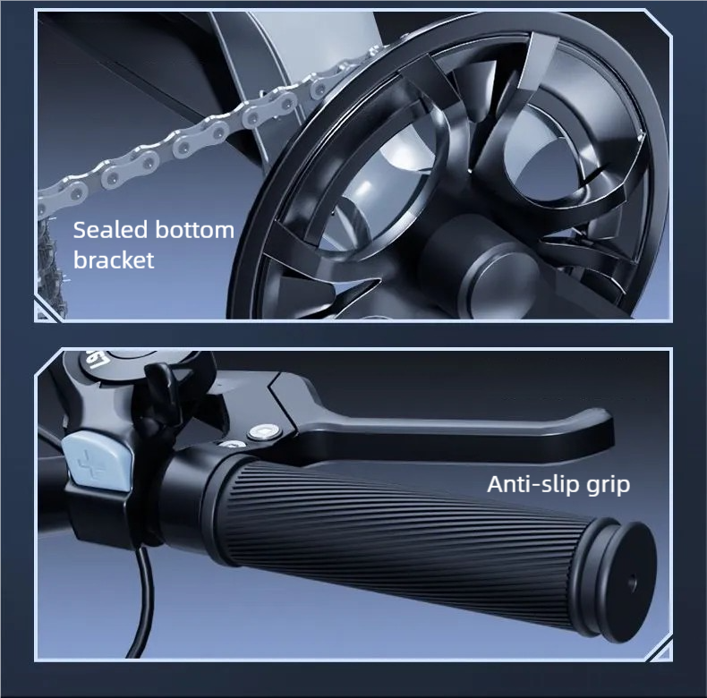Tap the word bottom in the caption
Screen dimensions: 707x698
[194, 230]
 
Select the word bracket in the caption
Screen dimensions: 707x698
[114, 260]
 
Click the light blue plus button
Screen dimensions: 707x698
[98, 461]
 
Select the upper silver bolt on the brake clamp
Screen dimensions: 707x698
[263, 432]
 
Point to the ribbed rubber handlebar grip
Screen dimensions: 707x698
[396, 532]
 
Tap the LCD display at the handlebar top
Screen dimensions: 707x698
[126, 361]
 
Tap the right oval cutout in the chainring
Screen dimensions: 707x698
[564, 149]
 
